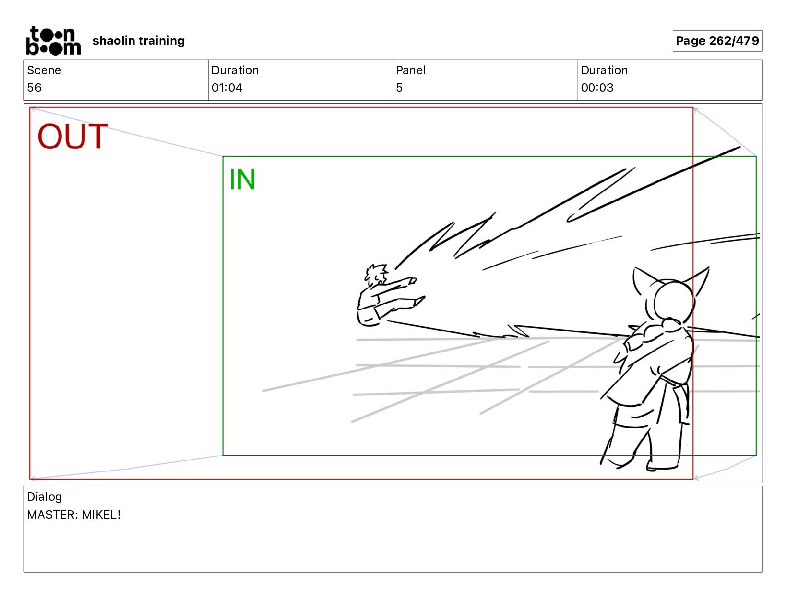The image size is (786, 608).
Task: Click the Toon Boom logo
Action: coord(54,41)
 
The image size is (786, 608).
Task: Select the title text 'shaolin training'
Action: coord(138,41)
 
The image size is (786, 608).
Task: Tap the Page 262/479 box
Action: coord(717,41)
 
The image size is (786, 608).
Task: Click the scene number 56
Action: coord(34,87)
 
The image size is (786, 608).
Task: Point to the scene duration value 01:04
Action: coord(227,87)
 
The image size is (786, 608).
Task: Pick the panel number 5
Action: coord(399,87)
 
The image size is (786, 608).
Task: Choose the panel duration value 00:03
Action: coord(597,87)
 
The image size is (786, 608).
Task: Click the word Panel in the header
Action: coord(411,70)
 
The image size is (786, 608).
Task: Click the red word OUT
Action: coord(73,136)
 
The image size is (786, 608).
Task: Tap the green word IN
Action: coord(242,179)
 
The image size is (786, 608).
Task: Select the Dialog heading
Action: coord(44,497)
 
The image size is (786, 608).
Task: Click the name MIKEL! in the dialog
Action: coord(101,514)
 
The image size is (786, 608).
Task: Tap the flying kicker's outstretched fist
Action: coord(412,280)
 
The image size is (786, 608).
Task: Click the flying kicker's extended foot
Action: coord(420,300)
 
